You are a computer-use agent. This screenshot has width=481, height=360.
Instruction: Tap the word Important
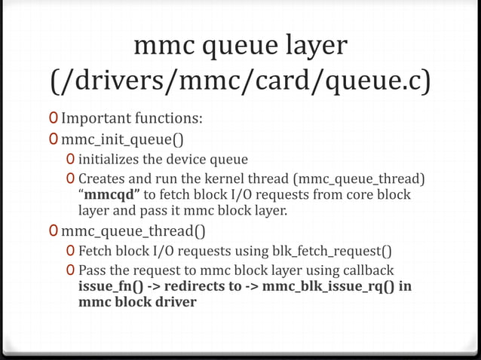pos(96,119)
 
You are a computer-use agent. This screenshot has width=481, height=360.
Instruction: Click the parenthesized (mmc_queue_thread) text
pos(360,178)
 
